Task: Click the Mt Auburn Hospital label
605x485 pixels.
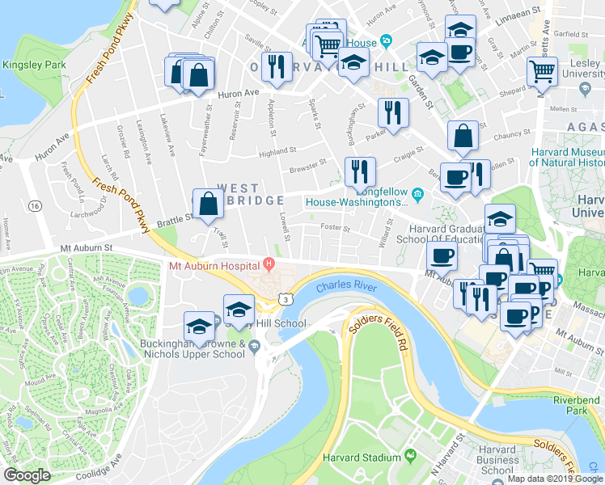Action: click(214, 264)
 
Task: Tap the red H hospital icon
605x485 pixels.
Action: click(269, 264)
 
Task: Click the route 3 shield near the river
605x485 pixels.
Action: click(286, 299)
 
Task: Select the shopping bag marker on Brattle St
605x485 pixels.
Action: click(209, 205)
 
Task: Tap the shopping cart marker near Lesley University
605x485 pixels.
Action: click(542, 71)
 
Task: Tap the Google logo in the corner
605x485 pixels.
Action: click(27, 475)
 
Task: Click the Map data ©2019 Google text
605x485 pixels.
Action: click(554, 479)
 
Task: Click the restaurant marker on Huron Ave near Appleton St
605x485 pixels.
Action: click(277, 68)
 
